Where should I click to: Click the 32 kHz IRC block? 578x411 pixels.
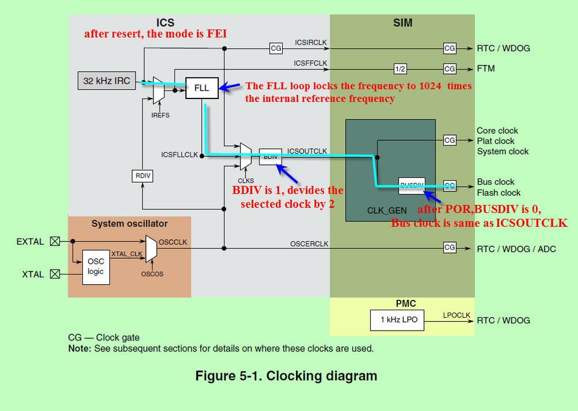click(x=107, y=80)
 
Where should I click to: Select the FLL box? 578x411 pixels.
click(x=202, y=89)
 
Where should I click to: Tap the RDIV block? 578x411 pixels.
click(x=142, y=176)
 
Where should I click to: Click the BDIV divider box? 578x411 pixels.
click(x=270, y=156)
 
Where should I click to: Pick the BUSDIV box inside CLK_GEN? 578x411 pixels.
click(x=412, y=185)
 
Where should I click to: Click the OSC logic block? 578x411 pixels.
click(x=96, y=267)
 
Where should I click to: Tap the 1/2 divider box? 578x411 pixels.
click(x=400, y=68)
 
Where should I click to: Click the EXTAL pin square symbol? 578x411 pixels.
click(x=55, y=241)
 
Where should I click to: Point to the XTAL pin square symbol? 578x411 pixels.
click(x=55, y=274)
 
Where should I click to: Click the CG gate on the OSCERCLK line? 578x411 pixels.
click(x=449, y=248)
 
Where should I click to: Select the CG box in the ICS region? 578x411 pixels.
click(x=276, y=49)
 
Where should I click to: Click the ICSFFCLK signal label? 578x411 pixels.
click(x=310, y=63)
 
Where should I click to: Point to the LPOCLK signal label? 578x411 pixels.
click(x=456, y=314)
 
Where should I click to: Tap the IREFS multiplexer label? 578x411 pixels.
click(x=160, y=115)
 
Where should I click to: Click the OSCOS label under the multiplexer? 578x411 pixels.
click(x=152, y=274)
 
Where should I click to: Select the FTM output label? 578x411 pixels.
click(x=486, y=68)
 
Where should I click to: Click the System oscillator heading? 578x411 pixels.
click(x=129, y=223)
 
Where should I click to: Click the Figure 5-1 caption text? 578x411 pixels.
click(x=286, y=376)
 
